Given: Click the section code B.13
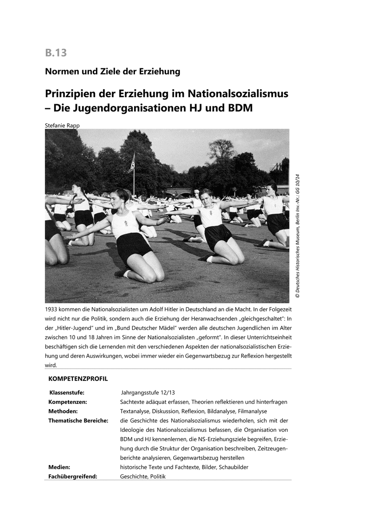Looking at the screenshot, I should [x=56, y=53].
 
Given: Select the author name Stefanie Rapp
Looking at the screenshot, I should [x=63, y=125].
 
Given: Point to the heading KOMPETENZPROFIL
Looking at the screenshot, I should [x=78, y=379].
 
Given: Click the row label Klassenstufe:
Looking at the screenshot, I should [x=67, y=393].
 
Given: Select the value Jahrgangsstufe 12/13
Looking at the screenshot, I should [x=148, y=393].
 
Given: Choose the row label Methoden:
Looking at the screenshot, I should [x=64, y=411].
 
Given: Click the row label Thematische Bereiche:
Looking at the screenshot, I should [x=78, y=420].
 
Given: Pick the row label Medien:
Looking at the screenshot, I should [x=59, y=467].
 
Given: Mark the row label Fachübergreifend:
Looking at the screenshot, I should [x=72, y=476].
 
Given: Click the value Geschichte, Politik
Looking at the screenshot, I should [x=143, y=476].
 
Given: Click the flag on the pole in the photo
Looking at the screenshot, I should [x=131, y=164].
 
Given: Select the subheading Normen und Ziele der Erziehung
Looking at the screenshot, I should [x=112, y=71].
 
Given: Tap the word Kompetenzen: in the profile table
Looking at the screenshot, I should [x=67, y=402].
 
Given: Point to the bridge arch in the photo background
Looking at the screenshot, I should [x=178, y=192].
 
